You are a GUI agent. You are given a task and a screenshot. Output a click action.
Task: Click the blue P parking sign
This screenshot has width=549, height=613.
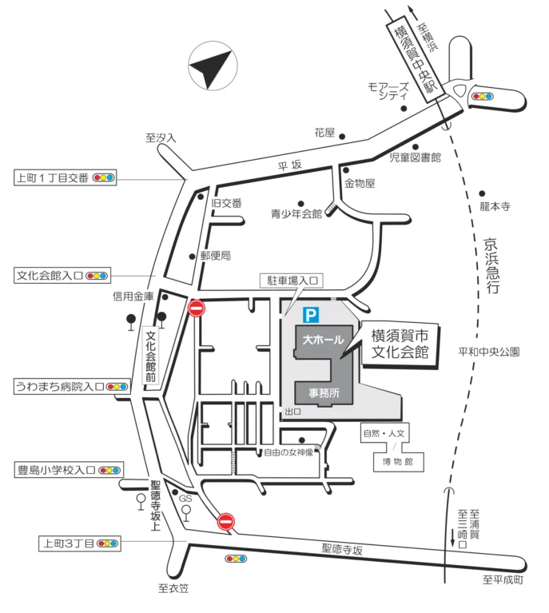[311, 315]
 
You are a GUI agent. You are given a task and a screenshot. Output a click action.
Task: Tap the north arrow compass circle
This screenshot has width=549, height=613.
[213, 66]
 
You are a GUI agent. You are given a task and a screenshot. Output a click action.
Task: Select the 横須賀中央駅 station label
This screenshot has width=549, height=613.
[415, 59]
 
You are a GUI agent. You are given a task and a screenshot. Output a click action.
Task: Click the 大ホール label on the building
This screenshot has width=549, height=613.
[324, 340]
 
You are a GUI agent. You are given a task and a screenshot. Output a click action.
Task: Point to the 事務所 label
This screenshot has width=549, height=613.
[324, 393]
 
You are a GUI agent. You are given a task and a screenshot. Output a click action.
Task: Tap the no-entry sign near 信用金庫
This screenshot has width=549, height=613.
[197, 308]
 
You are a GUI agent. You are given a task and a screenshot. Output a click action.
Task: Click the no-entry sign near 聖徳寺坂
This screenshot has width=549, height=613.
[226, 522]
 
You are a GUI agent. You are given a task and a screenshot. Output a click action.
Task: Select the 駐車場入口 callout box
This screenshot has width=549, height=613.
[292, 281]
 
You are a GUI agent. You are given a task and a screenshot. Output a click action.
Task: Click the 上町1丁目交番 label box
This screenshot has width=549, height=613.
[66, 178]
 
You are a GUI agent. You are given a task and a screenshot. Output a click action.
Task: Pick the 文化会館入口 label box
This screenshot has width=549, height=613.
[62, 276]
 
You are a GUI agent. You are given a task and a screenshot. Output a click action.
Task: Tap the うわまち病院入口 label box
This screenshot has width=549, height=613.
[73, 387]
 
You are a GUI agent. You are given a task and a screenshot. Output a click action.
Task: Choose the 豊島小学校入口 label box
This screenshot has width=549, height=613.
[69, 470]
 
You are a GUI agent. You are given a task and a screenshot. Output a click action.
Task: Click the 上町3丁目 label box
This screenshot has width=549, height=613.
[80, 543]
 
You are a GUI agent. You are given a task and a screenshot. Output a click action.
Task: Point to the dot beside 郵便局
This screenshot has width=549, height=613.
[192, 257]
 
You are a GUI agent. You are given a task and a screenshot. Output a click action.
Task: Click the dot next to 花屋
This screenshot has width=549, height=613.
[342, 137]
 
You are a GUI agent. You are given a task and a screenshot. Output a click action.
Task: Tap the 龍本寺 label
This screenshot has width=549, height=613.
[495, 206]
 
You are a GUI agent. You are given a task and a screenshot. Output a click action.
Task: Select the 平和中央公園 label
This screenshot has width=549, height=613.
[489, 352]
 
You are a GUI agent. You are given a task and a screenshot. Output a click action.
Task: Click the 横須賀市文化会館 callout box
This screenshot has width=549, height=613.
[400, 344]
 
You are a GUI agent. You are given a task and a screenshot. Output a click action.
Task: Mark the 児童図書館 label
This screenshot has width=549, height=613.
[416, 157]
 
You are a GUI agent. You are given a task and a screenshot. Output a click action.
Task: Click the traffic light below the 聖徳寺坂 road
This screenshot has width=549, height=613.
[236, 559]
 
